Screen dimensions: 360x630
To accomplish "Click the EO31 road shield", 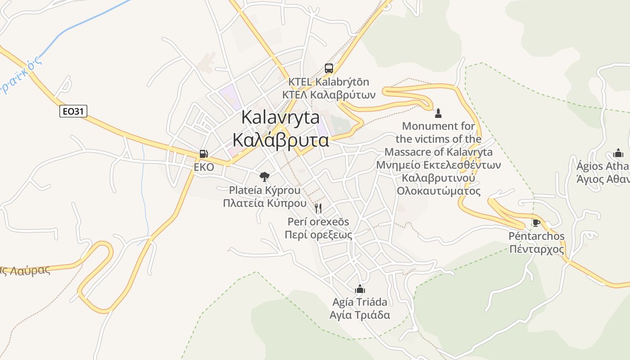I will pyautogui.click(x=73, y=111).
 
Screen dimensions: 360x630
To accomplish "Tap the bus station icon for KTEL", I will pyautogui.click(x=329, y=68).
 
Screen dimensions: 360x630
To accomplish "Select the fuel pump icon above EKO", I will pyautogui.click(x=204, y=154).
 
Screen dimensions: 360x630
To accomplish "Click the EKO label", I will pyautogui.click(x=204, y=167).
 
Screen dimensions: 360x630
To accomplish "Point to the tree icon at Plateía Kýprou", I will pyautogui.click(x=265, y=176).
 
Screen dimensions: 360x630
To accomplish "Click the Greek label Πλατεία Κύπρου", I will pyautogui.click(x=265, y=203).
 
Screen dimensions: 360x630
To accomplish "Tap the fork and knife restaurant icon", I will pyautogui.click(x=318, y=208).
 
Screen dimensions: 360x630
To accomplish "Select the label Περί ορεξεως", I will pyautogui.click(x=318, y=234).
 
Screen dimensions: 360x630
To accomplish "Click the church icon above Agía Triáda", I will pyautogui.click(x=360, y=288).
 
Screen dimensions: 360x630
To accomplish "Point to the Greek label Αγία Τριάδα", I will pyautogui.click(x=360, y=315).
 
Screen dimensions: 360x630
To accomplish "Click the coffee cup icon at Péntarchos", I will pyautogui.click(x=536, y=223).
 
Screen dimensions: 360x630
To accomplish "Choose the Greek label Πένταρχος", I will pyautogui.click(x=536, y=249).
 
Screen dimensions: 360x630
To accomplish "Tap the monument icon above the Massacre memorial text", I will pyautogui.click(x=438, y=112).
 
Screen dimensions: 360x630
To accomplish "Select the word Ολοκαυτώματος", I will pyautogui.click(x=438, y=191).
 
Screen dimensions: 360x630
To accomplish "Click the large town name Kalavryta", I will pyautogui.click(x=281, y=117).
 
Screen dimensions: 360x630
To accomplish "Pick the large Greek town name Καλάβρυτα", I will pyautogui.click(x=281, y=140).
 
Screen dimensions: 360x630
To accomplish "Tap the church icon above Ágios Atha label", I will pyautogui.click(x=618, y=153).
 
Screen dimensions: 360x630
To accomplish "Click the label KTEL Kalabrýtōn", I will pyautogui.click(x=328, y=82).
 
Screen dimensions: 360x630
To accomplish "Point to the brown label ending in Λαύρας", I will pyautogui.click(x=25, y=270).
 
